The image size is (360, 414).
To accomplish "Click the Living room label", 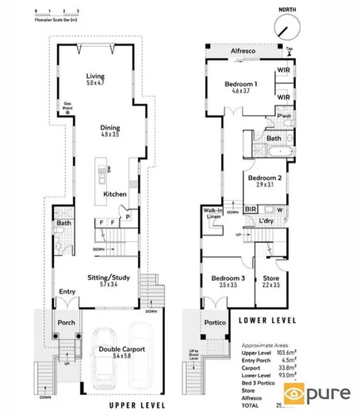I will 96,78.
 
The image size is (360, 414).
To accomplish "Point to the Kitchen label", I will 115,194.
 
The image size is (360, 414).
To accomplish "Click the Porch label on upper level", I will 65,323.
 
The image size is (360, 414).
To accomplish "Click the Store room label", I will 271,280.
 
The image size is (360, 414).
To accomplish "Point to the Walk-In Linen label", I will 212,213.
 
